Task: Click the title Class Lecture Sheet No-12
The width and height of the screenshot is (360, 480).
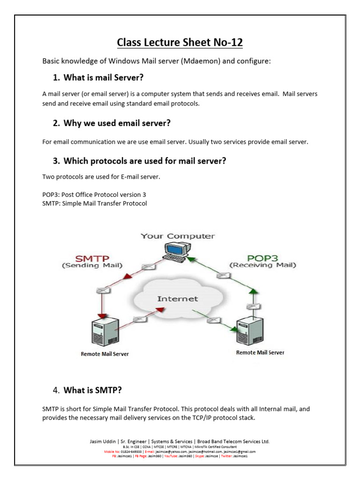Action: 180,43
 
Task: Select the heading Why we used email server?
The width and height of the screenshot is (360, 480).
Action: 117,123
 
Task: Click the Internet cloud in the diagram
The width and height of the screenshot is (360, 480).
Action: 177,299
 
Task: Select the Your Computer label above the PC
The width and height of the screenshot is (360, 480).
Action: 178,236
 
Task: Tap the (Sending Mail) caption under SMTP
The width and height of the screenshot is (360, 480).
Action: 92,265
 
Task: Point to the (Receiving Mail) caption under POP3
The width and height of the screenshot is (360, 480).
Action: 262,265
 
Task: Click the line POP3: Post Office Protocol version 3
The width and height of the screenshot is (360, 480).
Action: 97,194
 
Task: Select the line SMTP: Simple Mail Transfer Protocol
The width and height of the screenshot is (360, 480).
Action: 95,203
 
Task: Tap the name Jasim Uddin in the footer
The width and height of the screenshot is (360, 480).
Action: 104,442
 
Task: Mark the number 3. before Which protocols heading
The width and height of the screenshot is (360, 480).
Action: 56,161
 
